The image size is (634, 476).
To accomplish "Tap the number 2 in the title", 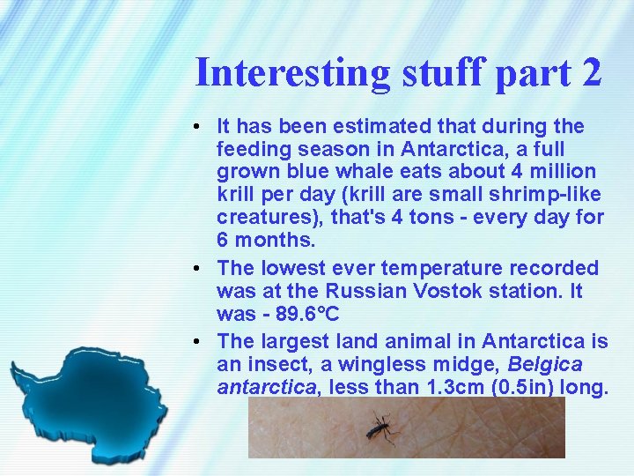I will [590, 72].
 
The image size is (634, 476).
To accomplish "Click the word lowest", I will [292, 267].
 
